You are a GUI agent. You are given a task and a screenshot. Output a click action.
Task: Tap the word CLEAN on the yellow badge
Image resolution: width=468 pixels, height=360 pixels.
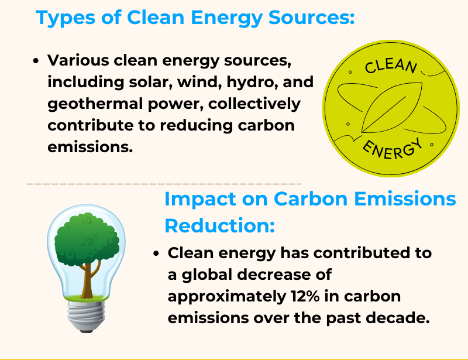click(390, 66)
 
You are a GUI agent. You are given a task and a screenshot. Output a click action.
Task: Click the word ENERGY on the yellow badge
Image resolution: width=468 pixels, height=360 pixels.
click(393, 148)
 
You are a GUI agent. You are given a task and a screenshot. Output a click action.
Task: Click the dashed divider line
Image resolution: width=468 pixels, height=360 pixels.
click(164, 184)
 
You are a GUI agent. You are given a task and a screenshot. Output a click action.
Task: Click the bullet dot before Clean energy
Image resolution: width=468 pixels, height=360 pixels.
click(156, 254)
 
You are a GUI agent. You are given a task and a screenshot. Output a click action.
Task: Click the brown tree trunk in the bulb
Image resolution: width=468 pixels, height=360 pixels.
click(87, 278)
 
